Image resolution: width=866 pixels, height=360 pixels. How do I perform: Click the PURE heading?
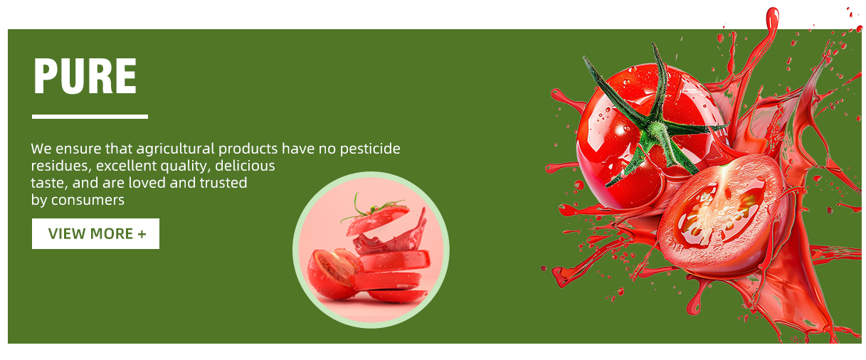tap(85, 75)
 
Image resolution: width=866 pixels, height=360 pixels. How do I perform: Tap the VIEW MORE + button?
tap(95, 233)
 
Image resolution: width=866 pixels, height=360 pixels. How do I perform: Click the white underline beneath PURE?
tap(90, 117)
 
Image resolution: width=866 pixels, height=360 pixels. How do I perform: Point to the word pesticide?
tap(370, 149)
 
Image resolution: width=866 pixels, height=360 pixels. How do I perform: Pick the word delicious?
tap(245, 166)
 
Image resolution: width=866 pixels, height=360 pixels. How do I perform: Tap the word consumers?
tap(88, 201)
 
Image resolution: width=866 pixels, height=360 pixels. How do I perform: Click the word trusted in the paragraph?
tap(223, 183)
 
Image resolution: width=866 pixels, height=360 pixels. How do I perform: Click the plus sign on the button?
tap(142, 234)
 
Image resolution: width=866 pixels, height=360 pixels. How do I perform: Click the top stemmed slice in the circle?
tap(377, 218)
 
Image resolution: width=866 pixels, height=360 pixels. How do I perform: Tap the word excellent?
tap(126, 166)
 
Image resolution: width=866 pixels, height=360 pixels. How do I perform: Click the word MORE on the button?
tap(112, 234)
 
